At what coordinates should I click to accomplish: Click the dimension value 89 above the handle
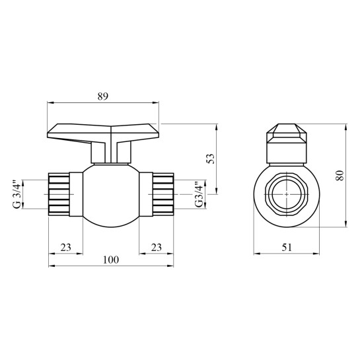click(102, 96)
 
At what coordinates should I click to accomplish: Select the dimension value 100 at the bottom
click(111, 260)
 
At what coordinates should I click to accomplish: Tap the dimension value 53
click(211, 159)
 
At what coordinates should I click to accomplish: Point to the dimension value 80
click(340, 176)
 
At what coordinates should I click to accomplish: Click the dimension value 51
click(287, 247)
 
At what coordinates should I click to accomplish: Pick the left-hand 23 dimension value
click(65, 247)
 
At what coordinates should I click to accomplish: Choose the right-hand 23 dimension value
click(157, 247)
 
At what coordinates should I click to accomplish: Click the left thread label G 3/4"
click(17, 194)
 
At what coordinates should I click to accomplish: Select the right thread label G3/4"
click(199, 195)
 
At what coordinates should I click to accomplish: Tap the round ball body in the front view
click(111, 195)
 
